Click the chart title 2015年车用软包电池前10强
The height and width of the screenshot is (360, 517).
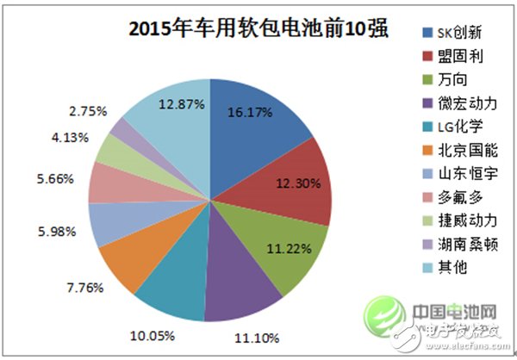click(x=258, y=29)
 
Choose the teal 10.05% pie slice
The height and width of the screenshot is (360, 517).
click(x=168, y=276)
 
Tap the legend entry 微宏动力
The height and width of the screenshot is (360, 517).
click(x=452, y=104)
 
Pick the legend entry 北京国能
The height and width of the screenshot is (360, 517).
click(x=452, y=151)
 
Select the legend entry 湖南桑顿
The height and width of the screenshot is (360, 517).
click(x=452, y=244)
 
